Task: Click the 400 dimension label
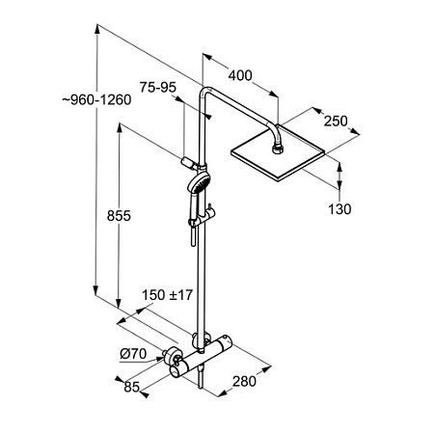[240, 75]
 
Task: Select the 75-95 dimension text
[158, 88]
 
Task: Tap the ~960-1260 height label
[96, 100]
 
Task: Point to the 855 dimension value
[119, 216]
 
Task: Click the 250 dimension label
[336, 122]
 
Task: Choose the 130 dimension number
[339, 209]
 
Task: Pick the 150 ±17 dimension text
[167, 295]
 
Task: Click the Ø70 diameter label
[133, 354]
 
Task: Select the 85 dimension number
[131, 387]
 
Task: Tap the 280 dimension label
[244, 382]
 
